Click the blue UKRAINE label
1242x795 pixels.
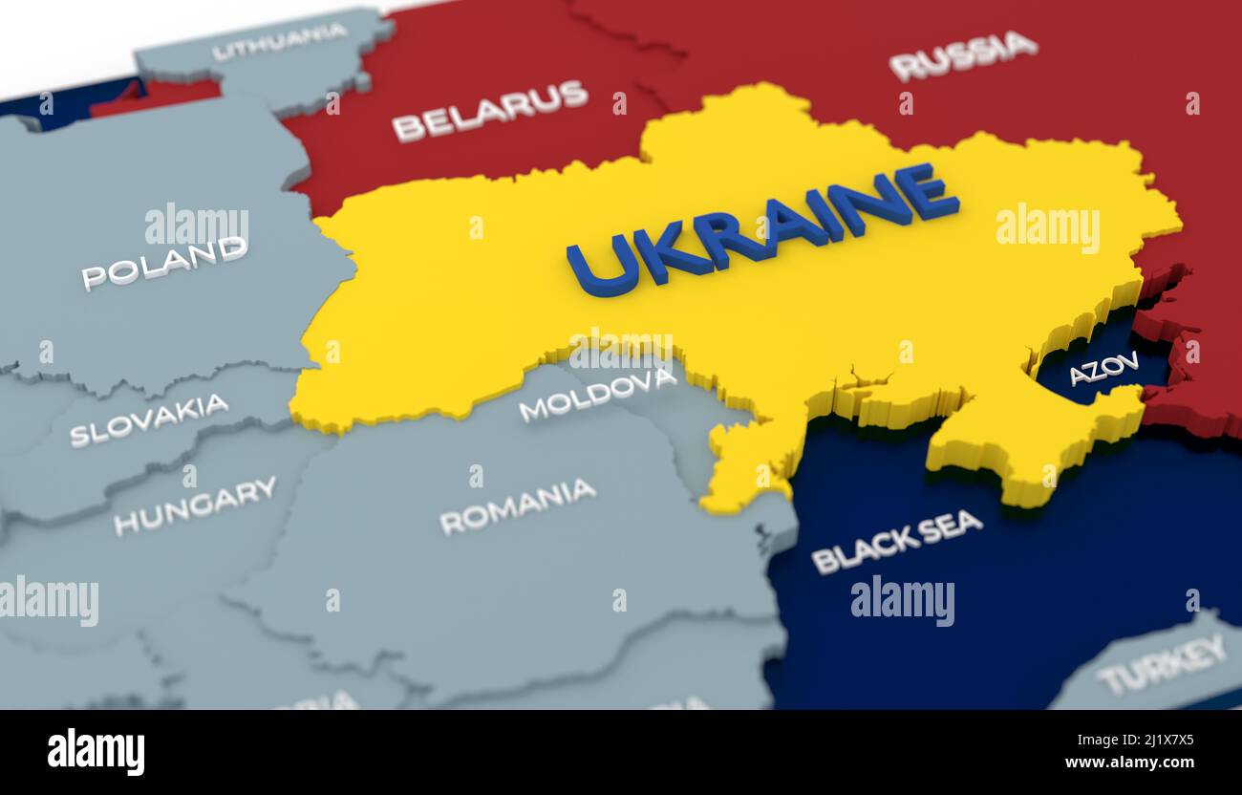point(762,230)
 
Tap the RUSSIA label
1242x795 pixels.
point(963,54)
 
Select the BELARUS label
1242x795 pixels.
point(489,110)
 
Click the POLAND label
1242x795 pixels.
point(164,263)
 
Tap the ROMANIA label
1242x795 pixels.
point(518,505)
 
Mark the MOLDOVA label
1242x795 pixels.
point(597,394)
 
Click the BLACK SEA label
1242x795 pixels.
point(896,541)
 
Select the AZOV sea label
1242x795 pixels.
point(1103,368)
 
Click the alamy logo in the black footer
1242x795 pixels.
point(96,751)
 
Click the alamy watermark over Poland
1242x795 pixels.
point(196,226)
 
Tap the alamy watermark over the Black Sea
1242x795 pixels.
point(902,600)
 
